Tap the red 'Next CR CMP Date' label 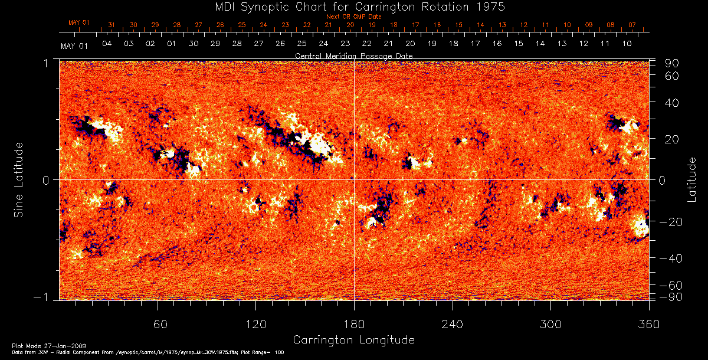pos(353,17)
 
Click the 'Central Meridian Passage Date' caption pos(353,55)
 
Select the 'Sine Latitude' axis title pos(19,179)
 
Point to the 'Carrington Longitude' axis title pos(353,340)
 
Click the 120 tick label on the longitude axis pos(256,324)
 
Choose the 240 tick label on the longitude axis pos(453,324)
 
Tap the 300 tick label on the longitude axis pos(550,324)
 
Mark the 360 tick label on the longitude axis pos(649,324)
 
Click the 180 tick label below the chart pos(354,324)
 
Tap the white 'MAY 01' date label pos(74,45)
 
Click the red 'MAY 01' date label pos(78,22)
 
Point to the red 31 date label pos(112,25)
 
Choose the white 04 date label pos(107,44)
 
